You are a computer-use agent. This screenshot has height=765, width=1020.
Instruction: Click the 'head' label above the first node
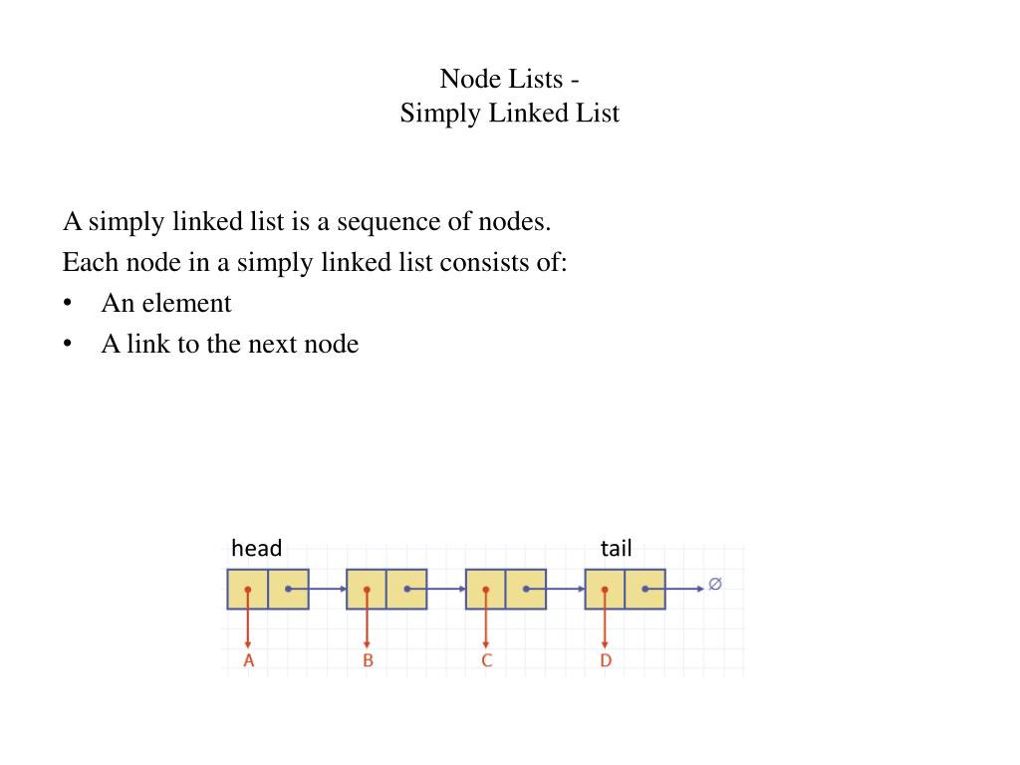256,548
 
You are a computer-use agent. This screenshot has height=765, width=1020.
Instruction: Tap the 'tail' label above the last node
616,548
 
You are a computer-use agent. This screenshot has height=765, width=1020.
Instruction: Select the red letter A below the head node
248,660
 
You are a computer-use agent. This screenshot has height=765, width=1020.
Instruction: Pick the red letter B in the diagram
368,660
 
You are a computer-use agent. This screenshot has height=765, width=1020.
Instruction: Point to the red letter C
486,660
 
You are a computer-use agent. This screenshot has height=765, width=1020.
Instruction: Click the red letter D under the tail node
606,660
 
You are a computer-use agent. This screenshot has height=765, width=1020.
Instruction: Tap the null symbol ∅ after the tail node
714,585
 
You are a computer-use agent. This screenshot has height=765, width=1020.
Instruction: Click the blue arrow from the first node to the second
327,589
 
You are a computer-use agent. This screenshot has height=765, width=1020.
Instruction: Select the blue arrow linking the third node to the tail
566,589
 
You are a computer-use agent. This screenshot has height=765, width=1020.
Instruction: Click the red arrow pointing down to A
248,623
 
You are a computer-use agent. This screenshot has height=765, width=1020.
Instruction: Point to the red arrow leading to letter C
486,623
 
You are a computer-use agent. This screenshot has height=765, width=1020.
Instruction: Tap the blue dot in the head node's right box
288,589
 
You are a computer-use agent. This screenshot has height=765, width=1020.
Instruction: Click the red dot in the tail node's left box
605,589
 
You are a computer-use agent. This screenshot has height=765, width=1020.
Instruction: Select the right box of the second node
406,589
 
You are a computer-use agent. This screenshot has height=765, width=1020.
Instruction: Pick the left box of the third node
485,589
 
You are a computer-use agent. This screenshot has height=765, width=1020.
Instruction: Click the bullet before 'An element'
68,303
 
